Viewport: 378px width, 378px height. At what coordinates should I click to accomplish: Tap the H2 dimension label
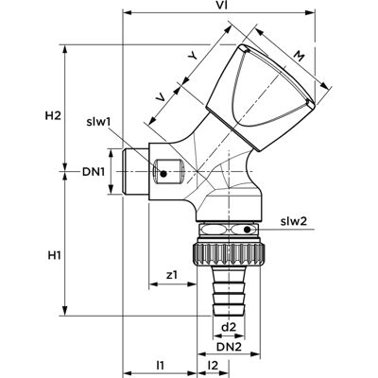tap(53, 116)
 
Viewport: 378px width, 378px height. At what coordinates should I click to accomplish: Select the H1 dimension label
tap(54, 255)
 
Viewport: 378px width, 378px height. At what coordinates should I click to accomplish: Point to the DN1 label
tap(93, 172)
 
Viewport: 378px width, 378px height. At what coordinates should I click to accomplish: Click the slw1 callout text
tap(98, 122)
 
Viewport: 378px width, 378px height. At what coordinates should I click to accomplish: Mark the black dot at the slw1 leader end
tap(163, 173)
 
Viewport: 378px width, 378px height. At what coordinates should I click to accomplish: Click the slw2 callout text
tap(294, 221)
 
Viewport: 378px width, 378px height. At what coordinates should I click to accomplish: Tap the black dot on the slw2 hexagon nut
tap(248, 230)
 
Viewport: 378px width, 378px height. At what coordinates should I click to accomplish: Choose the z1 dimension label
tap(172, 275)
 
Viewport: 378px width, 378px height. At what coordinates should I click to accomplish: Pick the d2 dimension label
tap(229, 327)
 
